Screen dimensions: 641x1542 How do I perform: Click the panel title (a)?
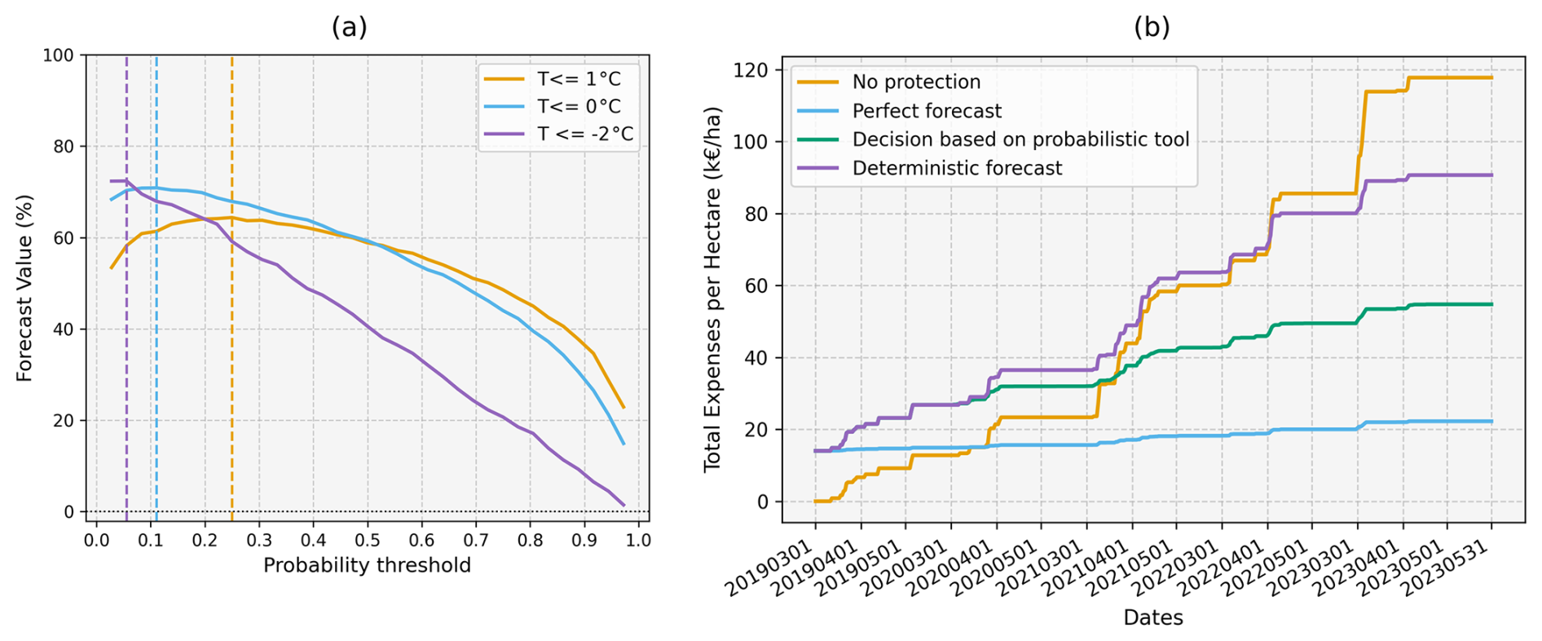click(349, 28)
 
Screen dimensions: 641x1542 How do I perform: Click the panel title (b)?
click(1152, 28)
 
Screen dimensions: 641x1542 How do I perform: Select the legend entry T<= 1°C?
click(578, 79)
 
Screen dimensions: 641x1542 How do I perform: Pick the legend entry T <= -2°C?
click(584, 134)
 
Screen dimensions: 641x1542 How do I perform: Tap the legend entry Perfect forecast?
click(927, 111)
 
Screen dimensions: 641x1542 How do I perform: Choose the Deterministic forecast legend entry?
click(957, 168)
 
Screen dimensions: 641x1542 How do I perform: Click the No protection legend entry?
click(916, 82)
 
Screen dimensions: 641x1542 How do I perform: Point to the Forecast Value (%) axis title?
click(24, 288)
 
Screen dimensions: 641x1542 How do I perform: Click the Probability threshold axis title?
click(367, 565)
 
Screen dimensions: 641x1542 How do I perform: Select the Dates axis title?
click(1152, 617)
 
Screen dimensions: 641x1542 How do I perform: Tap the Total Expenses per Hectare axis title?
click(712, 288)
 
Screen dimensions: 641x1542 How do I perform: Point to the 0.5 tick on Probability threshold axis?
click(367, 540)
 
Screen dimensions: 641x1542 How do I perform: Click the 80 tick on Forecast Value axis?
click(64, 147)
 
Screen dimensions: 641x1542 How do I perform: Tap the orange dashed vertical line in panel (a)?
click(231, 367)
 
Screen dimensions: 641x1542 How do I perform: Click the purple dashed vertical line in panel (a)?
click(126, 367)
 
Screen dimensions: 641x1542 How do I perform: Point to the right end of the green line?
click(1491, 304)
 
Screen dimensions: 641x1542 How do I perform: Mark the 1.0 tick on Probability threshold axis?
click(638, 540)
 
